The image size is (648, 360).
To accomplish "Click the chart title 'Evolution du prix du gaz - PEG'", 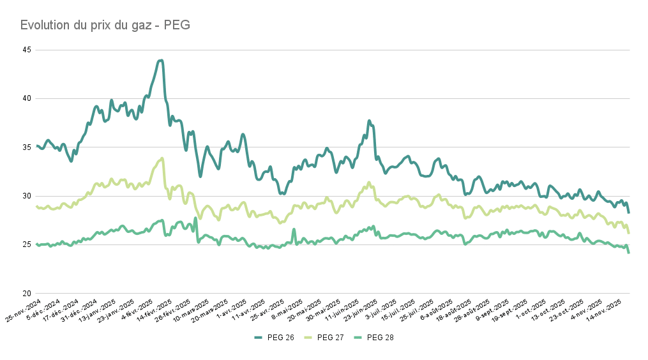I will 105,25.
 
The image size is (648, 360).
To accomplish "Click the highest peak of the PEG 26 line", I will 161,61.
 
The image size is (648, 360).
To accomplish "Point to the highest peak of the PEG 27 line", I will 162,158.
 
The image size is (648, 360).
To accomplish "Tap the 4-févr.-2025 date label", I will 138,310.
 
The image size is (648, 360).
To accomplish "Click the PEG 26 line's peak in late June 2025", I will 369,121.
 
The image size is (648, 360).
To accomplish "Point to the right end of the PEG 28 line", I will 629,253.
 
